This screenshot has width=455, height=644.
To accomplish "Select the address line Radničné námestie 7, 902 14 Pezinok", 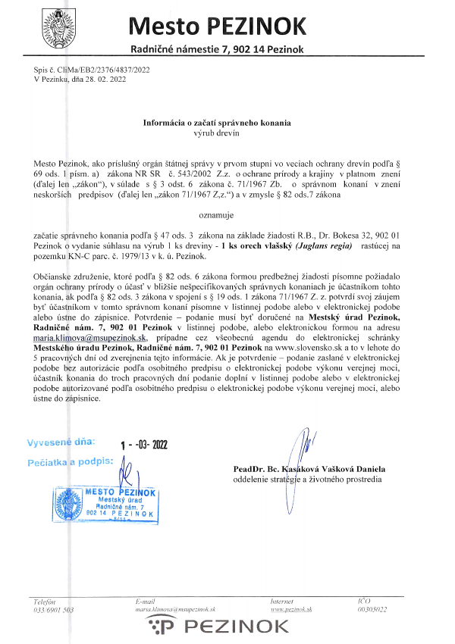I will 217,49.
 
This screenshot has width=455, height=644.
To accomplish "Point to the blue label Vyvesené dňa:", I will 61,441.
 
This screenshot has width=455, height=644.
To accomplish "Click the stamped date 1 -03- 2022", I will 143,445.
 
